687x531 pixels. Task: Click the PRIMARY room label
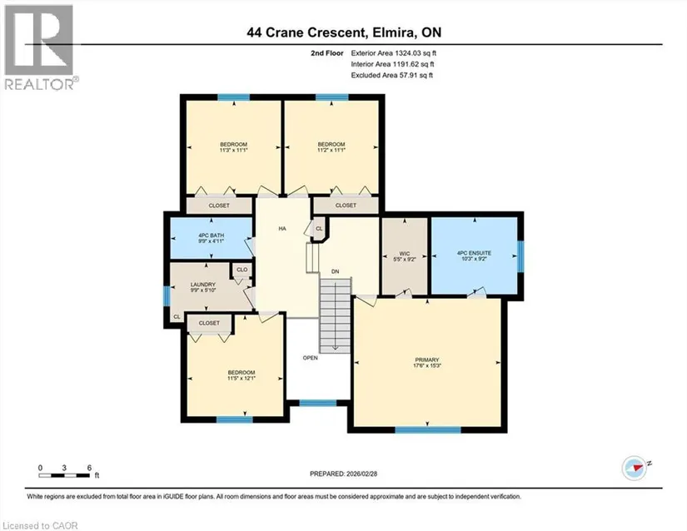pyautogui.click(x=426, y=360)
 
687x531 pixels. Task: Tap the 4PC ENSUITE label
pyautogui.click(x=474, y=253)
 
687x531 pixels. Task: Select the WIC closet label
pyautogui.click(x=405, y=254)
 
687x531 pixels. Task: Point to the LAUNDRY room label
pyautogui.click(x=203, y=284)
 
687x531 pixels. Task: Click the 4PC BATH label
pyautogui.click(x=212, y=235)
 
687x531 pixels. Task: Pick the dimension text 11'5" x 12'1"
pyautogui.click(x=241, y=378)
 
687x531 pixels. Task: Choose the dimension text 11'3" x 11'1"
pyautogui.click(x=233, y=150)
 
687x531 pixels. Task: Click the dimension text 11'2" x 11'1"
pyautogui.click(x=331, y=150)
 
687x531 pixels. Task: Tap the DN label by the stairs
pyautogui.click(x=336, y=271)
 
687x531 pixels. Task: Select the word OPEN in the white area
pyautogui.click(x=311, y=358)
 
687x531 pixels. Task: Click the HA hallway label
pyautogui.click(x=282, y=229)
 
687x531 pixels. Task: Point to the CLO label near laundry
pyautogui.click(x=241, y=270)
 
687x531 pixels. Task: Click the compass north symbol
pyautogui.click(x=635, y=468)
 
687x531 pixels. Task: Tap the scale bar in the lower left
pyautogui.click(x=64, y=475)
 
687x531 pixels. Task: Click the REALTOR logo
pyautogui.click(x=40, y=47)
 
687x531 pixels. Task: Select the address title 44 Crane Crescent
pyautogui.click(x=306, y=32)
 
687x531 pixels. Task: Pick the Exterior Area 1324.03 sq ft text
pyautogui.click(x=393, y=53)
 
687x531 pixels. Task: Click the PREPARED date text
pyautogui.click(x=343, y=474)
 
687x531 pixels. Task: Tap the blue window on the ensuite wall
pyautogui.click(x=520, y=256)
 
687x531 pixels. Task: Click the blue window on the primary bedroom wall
pyautogui.click(x=428, y=430)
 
